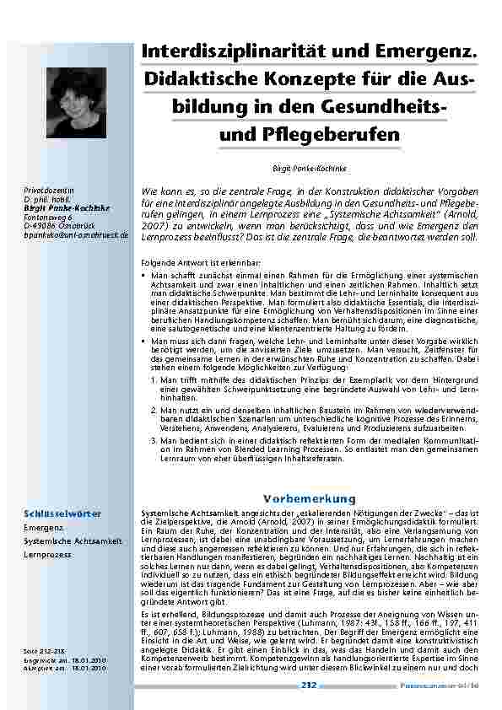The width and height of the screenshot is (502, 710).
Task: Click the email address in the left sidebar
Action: point(76,235)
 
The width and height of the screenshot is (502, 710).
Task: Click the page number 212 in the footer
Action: point(308,686)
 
